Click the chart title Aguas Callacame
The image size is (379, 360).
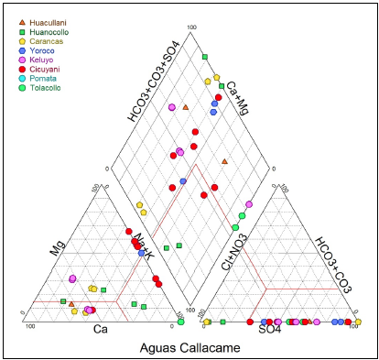pos(189,347)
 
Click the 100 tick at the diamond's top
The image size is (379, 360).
pos(191,27)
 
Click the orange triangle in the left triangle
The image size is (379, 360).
pos(71,317)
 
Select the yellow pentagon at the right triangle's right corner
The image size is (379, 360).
pos(358,322)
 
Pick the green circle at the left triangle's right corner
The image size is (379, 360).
pos(181,322)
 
